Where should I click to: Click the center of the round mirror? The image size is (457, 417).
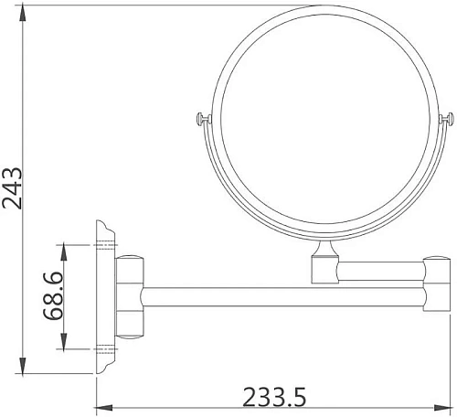click(324, 121)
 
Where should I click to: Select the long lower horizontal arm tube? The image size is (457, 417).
click(283, 297)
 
